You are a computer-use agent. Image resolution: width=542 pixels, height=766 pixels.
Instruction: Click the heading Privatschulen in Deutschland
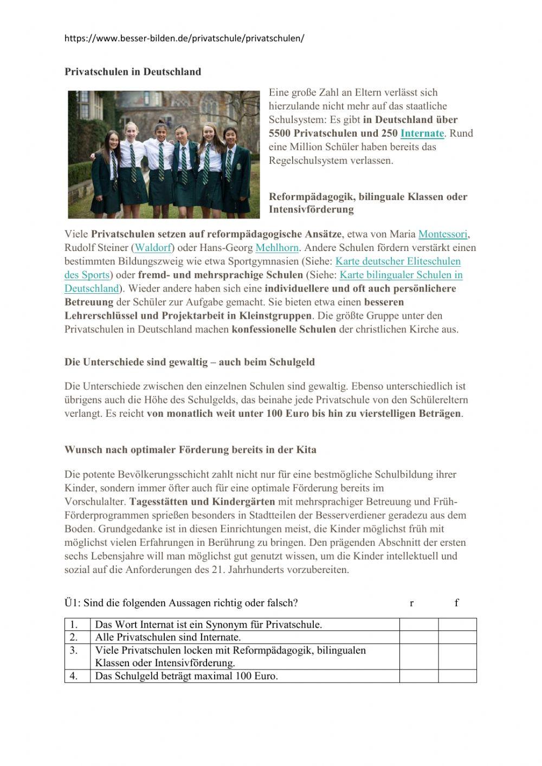[133, 72]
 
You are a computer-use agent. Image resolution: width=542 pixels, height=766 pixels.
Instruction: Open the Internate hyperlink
[422, 133]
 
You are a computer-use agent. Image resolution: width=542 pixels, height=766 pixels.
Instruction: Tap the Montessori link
[443, 234]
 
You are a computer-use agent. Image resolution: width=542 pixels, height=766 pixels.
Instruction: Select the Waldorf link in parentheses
[153, 248]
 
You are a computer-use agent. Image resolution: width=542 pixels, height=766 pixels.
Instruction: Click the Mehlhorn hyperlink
[277, 248]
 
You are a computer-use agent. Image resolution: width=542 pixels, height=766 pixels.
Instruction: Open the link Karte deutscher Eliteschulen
[398, 261]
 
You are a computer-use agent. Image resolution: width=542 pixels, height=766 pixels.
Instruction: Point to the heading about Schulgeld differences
[189, 362]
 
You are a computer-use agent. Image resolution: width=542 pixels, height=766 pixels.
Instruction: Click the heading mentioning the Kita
[190, 449]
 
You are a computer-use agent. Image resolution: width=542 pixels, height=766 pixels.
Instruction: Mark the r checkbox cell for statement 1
[418, 625]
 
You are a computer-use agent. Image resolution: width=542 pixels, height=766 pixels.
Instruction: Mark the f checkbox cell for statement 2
[457, 637]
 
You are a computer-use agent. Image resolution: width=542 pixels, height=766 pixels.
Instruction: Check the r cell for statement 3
[418, 656]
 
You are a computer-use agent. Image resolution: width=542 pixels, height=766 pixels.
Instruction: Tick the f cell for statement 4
[457, 676]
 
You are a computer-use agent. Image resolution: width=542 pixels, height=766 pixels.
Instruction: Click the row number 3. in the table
[74, 650]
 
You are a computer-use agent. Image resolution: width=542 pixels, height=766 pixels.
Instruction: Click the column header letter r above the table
[412, 603]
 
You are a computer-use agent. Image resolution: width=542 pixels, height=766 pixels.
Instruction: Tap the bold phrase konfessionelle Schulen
[284, 329]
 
